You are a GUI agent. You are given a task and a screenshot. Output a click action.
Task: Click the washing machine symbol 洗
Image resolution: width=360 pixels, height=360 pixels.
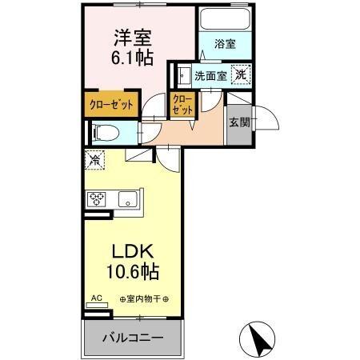click(x=240, y=74)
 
